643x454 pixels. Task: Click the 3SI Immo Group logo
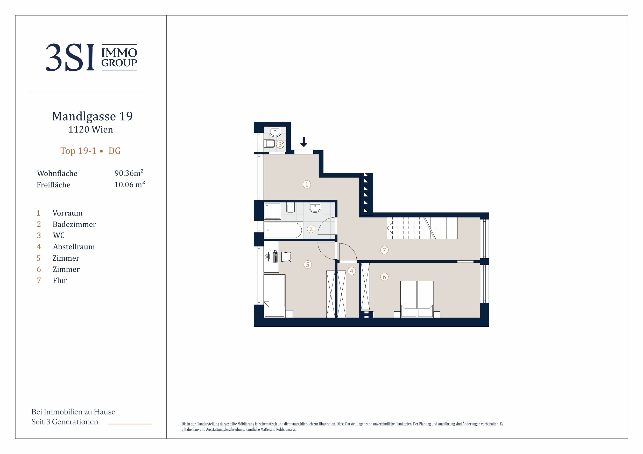coord(91,57)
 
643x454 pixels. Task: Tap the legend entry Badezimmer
coord(74,224)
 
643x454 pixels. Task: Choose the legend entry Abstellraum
coord(74,247)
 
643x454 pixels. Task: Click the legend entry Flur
coord(60,281)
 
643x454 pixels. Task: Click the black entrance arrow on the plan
coord(303,142)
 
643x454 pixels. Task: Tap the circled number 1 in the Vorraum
coord(307,184)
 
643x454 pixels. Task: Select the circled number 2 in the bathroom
coord(311,229)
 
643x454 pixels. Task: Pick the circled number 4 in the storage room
coord(352,271)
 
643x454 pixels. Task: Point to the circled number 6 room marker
coord(384,277)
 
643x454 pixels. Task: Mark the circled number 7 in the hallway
coord(384,250)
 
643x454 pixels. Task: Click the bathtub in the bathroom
coord(283,230)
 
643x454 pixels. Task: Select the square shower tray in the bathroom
coord(272,211)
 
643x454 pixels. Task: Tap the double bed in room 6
coord(417,299)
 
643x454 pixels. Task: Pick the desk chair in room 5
coord(286,257)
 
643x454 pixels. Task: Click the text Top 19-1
coord(79,151)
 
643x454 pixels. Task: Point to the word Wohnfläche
coord(57,173)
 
